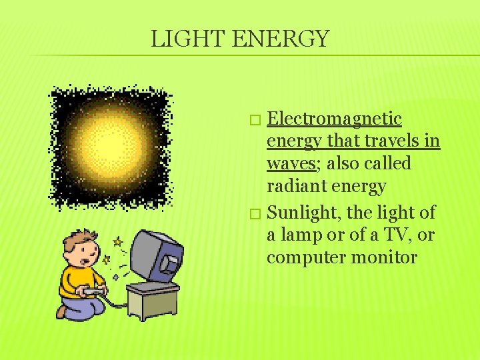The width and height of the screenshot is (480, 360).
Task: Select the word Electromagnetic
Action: click(334, 119)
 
